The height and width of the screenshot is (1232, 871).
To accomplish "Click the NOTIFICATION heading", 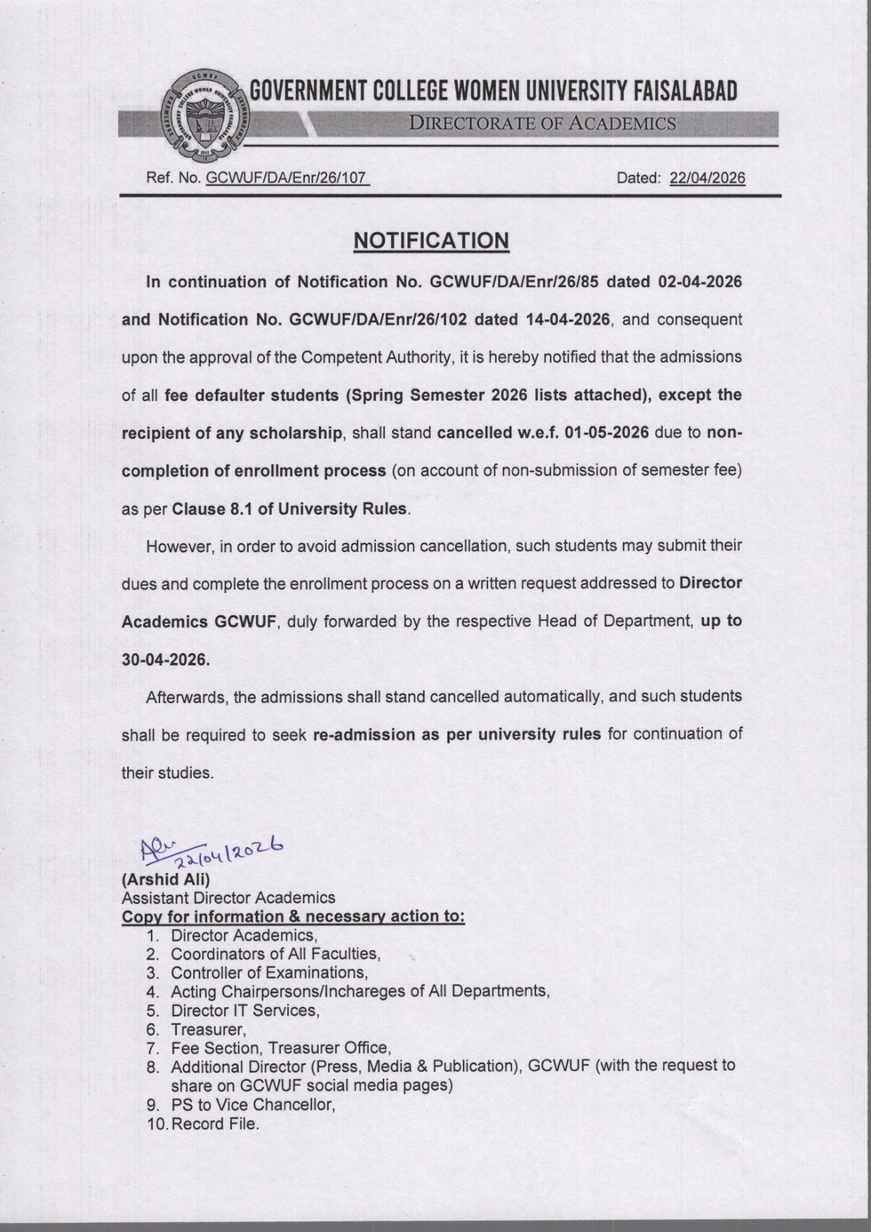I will (431, 240).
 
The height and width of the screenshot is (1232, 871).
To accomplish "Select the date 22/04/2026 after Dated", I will (707, 179).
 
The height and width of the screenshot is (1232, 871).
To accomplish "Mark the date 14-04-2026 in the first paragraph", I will (568, 320).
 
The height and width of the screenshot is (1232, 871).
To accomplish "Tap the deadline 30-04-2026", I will (166, 660).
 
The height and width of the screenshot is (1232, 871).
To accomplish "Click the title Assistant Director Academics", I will (228, 898).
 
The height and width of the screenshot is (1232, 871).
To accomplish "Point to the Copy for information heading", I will (293, 917).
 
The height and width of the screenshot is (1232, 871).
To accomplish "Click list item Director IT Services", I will (244, 1010).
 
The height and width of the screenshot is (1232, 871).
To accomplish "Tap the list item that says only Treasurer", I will (208, 1029).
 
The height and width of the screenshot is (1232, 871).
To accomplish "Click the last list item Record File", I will (215, 1124).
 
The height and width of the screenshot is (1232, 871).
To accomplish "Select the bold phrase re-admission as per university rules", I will (457, 735).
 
